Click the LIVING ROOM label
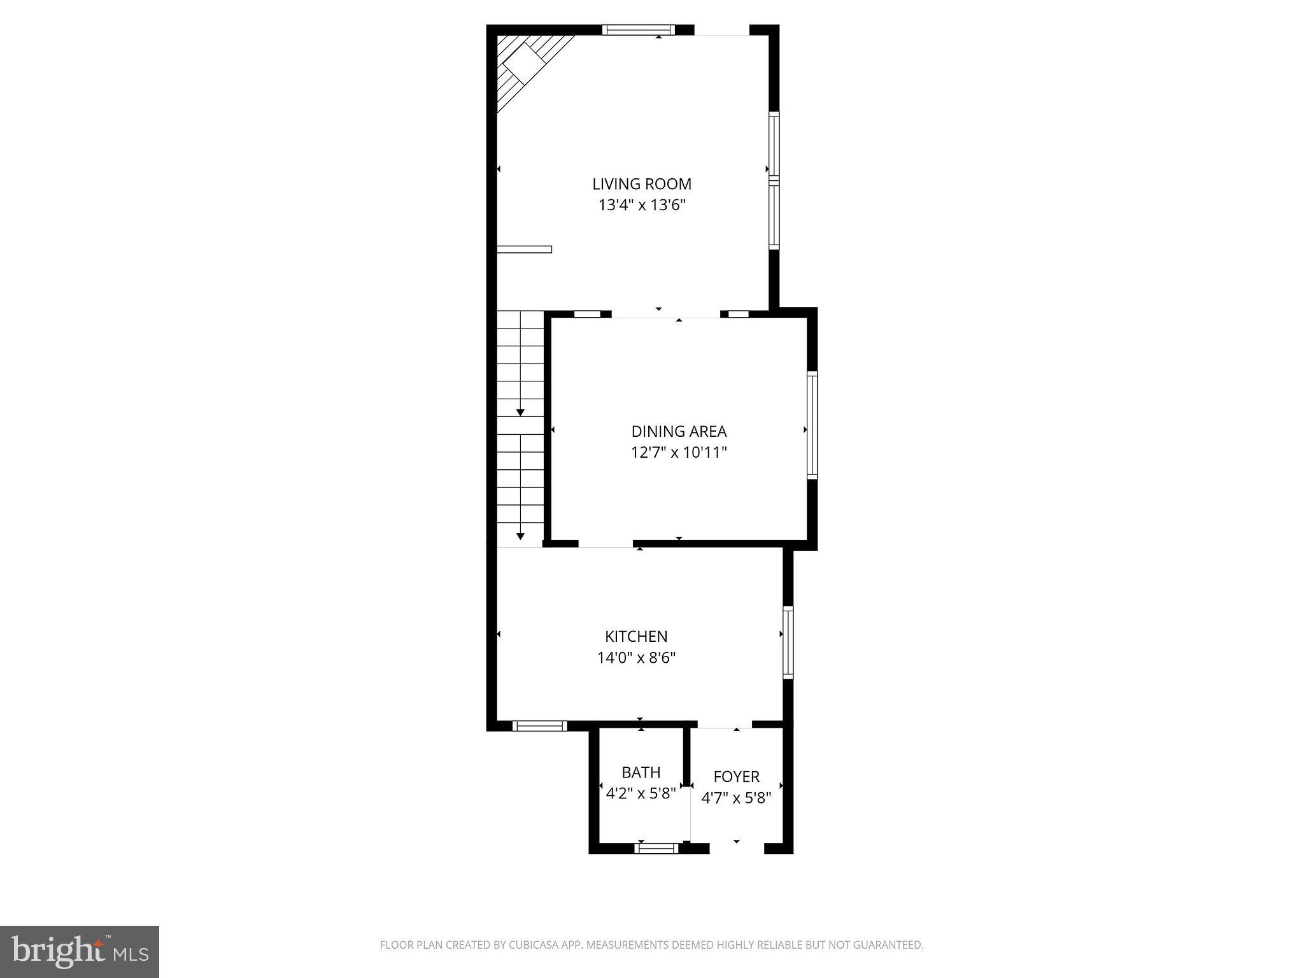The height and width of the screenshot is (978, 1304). (642, 184)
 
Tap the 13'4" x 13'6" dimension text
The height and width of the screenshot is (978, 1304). (642, 205)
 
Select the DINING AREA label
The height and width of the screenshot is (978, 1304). (679, 431)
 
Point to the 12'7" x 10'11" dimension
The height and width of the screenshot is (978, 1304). (679, 453)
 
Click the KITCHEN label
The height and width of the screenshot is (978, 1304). (636, 636)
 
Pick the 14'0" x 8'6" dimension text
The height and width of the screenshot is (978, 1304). (636, 657)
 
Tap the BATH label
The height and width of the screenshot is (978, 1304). (641, 772)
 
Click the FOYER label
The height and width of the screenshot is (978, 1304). (736, 776)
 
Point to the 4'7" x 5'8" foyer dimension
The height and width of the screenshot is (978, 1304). (736, 797)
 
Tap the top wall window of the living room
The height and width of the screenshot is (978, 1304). (638, 29)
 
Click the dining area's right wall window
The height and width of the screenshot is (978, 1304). (812, 425)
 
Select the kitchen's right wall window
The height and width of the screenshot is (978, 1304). (788, 642)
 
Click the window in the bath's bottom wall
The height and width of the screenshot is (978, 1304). (657, 847)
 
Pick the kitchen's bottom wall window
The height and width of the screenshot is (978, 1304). (539, 725)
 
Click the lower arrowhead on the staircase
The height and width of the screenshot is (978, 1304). (520, 536)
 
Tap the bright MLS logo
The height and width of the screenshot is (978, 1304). (80, 951)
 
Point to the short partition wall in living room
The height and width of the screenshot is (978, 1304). (524, 249)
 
